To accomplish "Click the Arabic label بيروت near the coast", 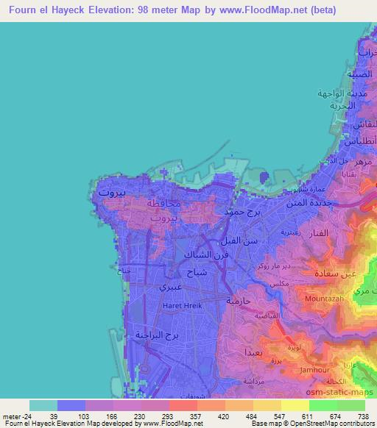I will [112, 193].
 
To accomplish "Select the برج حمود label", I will [238, 212].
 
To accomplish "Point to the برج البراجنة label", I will [158, 335].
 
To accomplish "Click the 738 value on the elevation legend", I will [363, 416].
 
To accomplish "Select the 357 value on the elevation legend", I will [197, 416].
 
